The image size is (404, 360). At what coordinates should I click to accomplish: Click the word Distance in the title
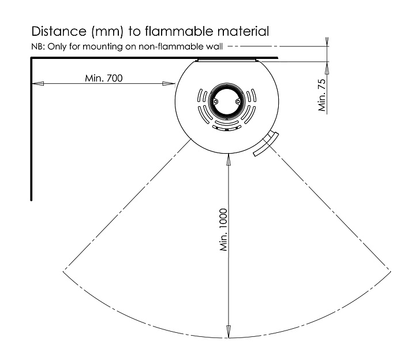[59, 31]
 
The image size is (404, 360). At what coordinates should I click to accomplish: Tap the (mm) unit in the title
[107, 31]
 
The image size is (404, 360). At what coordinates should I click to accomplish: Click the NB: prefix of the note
[39, 47]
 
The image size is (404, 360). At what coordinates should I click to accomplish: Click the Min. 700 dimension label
[104, 78]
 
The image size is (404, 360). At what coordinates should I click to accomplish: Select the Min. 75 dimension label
[322, 95]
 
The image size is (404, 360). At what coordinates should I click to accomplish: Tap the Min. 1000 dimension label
[224, 230]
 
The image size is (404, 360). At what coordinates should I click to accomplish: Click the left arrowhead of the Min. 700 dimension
[38, 84]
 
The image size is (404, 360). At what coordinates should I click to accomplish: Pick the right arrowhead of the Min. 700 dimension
[169, 84]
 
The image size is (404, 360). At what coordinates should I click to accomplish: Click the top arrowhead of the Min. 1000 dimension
[229, 159]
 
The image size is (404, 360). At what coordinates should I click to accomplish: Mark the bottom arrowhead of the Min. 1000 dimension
[229, 331]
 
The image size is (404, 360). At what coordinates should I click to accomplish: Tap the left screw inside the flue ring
[215, 102]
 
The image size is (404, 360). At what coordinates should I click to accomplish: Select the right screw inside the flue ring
[238, 102]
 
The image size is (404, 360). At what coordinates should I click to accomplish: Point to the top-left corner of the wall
[31, 57]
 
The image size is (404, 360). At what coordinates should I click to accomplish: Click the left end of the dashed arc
[63, 271]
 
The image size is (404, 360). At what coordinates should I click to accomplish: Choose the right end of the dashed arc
[391, 272]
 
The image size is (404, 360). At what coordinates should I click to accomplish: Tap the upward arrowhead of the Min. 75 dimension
[327, 68]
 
